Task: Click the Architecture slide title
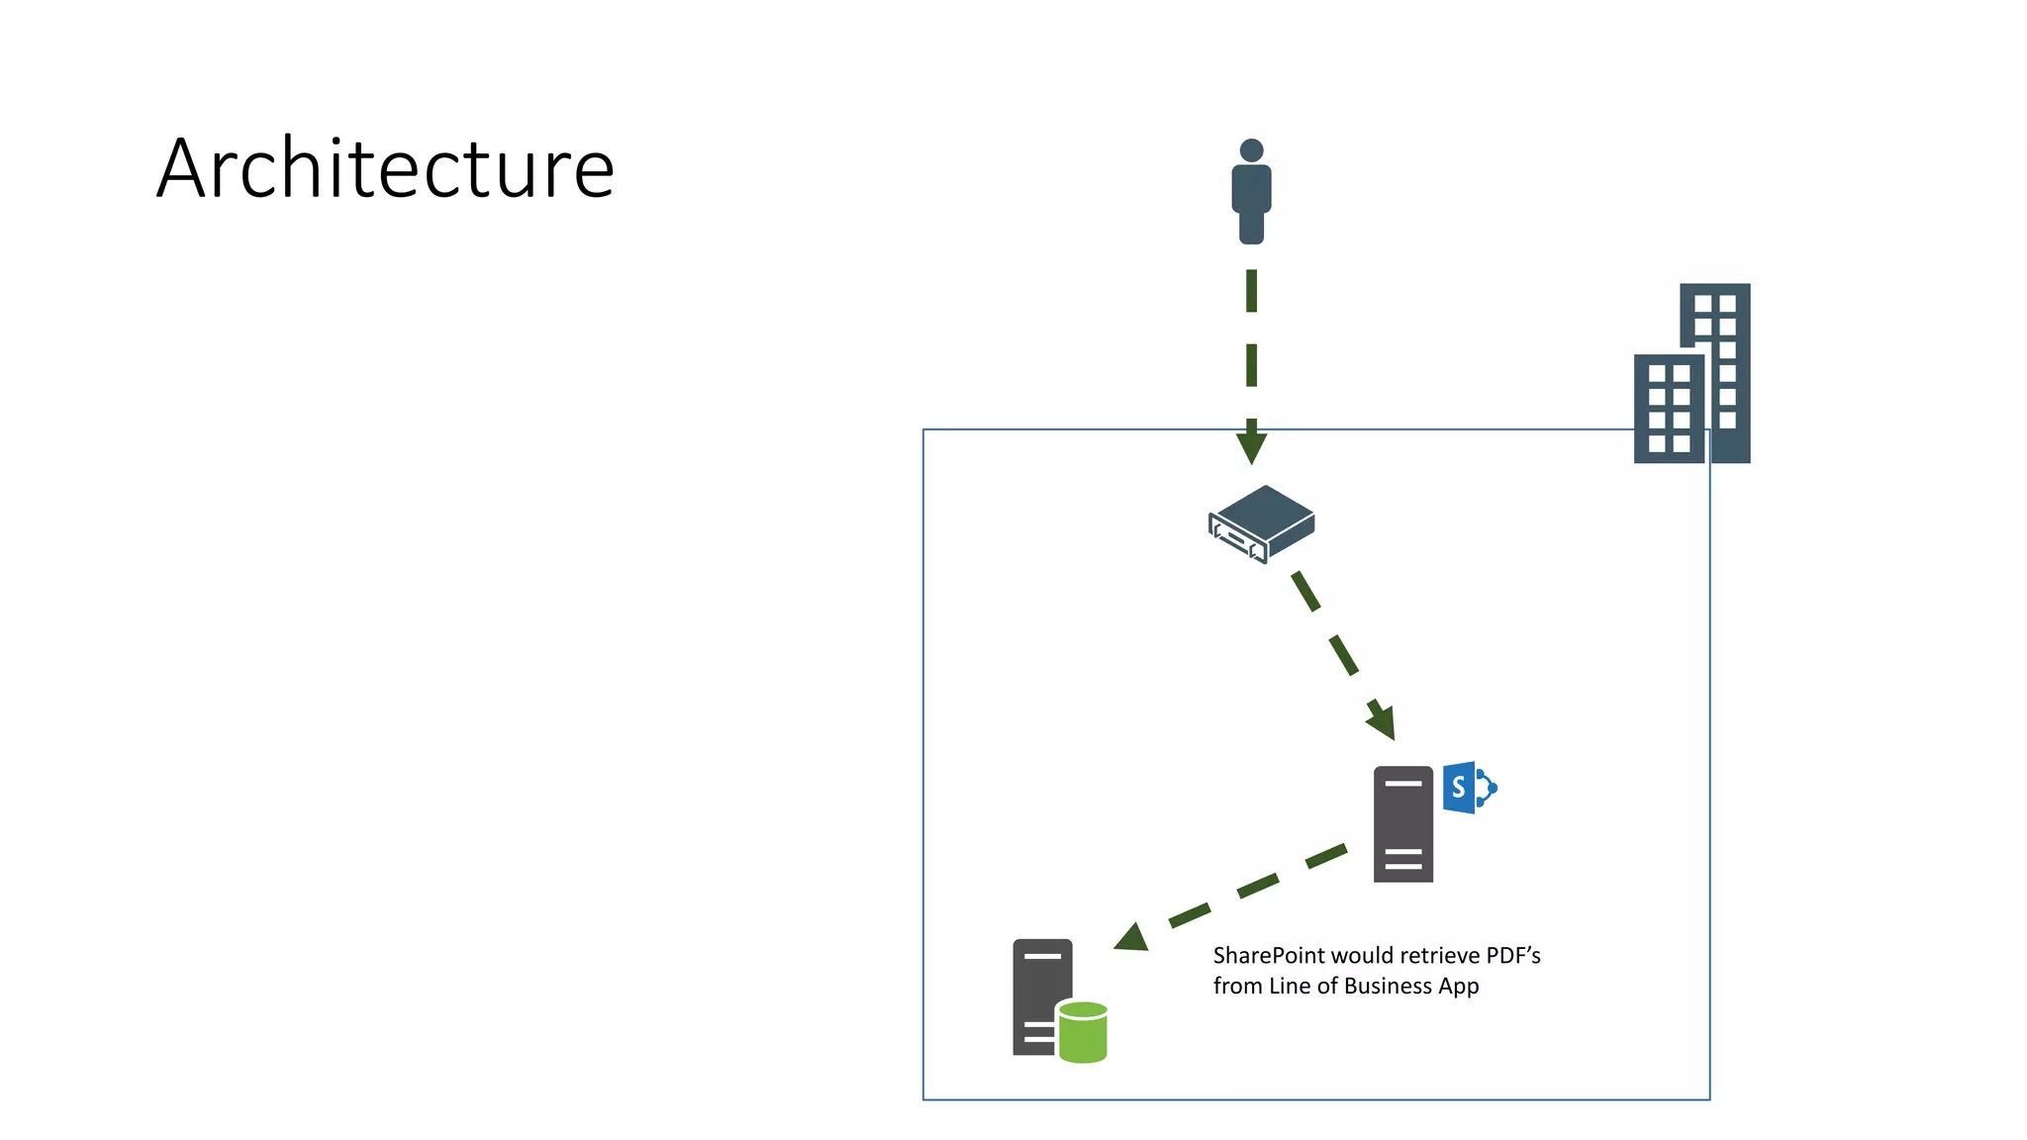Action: pos(385,168)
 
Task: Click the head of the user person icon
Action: pos(1251,150)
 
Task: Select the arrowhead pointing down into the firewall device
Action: pos(1251,446)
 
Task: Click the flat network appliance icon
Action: pos(1262,522)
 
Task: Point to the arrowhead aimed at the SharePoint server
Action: pos(1383,721)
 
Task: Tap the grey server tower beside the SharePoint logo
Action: pos(1402,823)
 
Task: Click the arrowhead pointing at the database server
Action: pos(1132,937)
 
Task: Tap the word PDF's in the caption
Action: pos(1513,956)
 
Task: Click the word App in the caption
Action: pos(1459,987)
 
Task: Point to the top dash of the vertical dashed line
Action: pos(1251,291)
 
